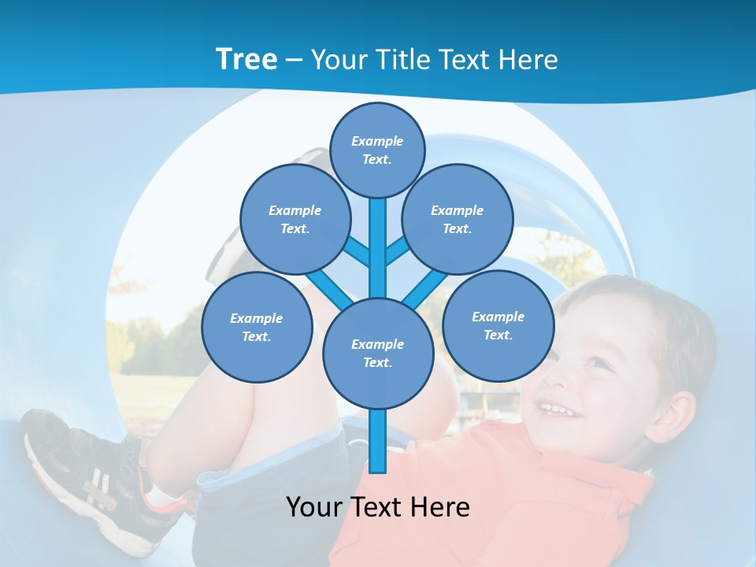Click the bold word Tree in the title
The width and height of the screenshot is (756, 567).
(246, 59)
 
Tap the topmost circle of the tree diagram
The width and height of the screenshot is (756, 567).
(377, 150)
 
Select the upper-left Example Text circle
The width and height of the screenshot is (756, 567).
(295, 219)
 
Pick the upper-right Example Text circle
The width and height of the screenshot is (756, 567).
(457, 219)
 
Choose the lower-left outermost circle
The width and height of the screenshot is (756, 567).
(256, 327)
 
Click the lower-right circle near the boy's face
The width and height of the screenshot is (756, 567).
(498, 325)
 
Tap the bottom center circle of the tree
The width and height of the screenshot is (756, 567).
(377, 354)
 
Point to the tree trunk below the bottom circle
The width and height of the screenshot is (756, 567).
(377, 441)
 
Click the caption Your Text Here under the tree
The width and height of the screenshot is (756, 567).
(377, 506)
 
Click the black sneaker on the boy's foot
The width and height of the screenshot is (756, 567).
(79, 465)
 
